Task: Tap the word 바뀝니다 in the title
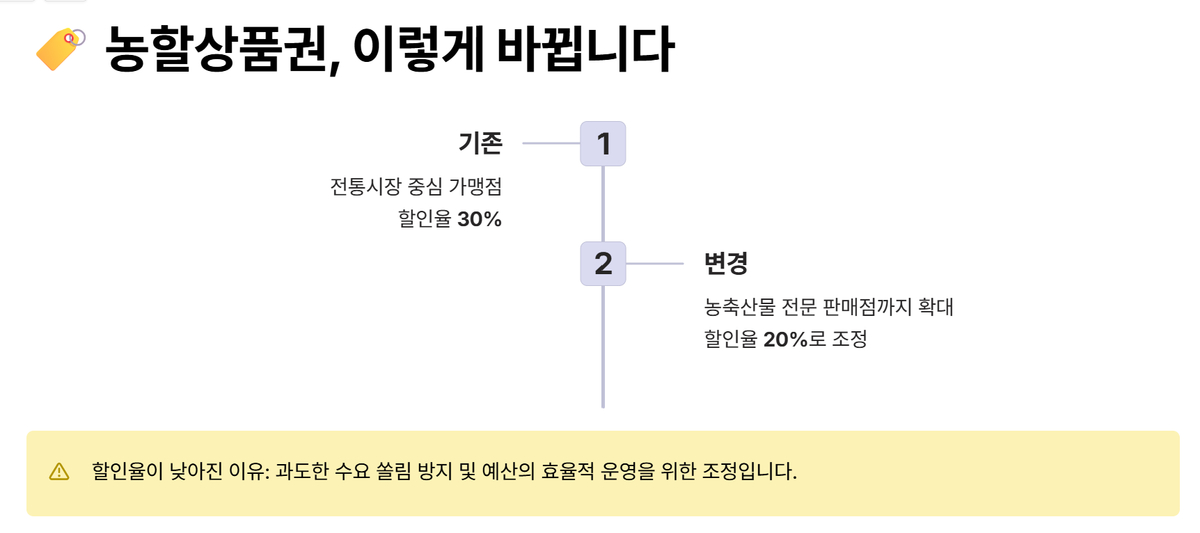585,49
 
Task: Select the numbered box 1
603,144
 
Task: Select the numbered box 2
603,264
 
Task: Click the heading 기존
480,143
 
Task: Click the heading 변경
725,264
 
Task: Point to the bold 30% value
480,219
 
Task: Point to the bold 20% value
785,340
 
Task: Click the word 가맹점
475,186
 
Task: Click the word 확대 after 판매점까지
935,307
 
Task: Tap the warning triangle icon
59,472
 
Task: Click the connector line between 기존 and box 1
551,143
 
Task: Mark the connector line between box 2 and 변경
654,264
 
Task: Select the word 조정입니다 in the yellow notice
748,472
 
